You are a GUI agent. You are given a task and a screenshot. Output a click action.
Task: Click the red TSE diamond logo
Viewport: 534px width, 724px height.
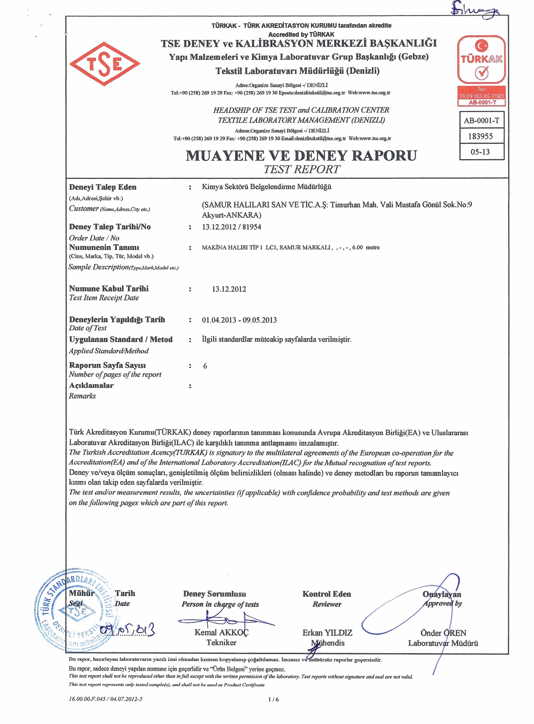point(105,64)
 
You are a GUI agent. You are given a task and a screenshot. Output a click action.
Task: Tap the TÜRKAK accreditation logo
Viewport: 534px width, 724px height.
point(481,60)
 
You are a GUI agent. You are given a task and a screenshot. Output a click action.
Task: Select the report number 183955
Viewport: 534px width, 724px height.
point(480,136)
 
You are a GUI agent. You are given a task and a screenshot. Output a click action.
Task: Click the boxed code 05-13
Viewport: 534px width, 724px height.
point(480,152)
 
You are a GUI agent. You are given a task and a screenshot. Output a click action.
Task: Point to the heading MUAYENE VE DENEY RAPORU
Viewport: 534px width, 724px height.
point(301,155)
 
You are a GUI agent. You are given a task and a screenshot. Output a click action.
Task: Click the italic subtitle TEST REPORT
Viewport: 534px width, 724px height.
point(301,169)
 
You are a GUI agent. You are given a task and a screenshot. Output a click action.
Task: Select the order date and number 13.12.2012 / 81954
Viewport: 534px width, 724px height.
point(231,227)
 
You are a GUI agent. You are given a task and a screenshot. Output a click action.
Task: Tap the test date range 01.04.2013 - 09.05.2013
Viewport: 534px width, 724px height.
point(239,320)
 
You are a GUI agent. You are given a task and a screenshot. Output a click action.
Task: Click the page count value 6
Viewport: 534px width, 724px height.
point(205,366)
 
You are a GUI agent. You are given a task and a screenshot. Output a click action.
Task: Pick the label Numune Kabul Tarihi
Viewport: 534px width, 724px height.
point(109,289)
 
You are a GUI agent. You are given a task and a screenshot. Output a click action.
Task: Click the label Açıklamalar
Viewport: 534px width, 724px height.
point(91,385)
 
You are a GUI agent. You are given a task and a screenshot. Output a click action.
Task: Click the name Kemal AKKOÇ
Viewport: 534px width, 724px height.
point(221,632)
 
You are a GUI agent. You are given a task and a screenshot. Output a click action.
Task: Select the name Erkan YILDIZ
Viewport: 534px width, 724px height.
point(327,633)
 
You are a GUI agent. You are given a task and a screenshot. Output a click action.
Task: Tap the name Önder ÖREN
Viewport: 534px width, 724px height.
point(443,633)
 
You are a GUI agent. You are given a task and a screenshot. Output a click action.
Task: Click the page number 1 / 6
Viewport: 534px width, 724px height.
point(273,700)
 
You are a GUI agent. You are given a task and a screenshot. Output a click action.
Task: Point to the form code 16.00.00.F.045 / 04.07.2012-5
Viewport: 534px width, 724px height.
point(105,699)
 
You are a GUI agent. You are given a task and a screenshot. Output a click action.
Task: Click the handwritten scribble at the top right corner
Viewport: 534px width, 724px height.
point(474,9)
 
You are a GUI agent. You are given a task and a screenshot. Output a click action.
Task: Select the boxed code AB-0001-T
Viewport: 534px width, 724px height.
point(481,120)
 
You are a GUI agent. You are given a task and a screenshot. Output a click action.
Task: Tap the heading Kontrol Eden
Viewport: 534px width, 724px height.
point(327,594)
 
